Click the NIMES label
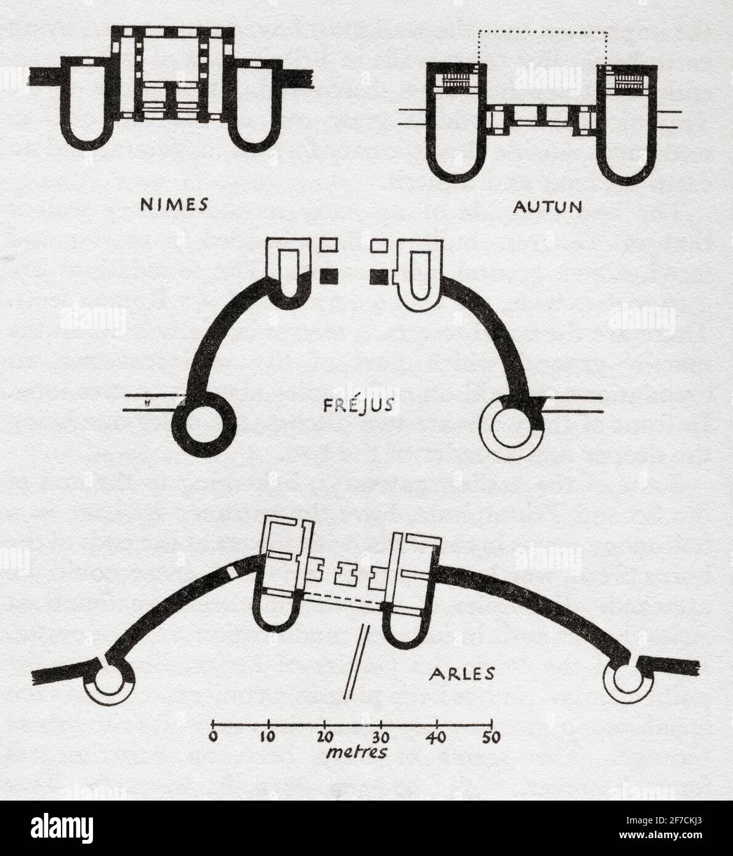[x=174, y=204]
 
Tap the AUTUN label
[x=548, y=207]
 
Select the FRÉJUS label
[x=358, y=405]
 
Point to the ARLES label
[x=462, y=674]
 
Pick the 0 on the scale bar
[x=213, y=737]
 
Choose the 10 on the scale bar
[x=267, y=737]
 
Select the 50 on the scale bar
[x=492, y=737]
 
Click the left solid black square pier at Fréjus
[x=329, y=277]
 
